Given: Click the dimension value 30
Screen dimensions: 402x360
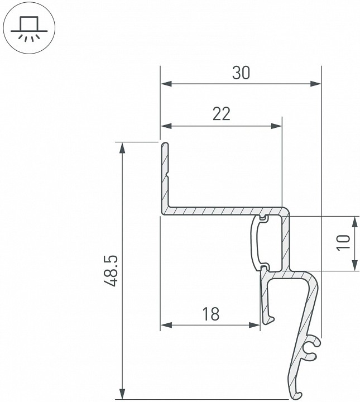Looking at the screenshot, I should (x=241, y=73).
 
